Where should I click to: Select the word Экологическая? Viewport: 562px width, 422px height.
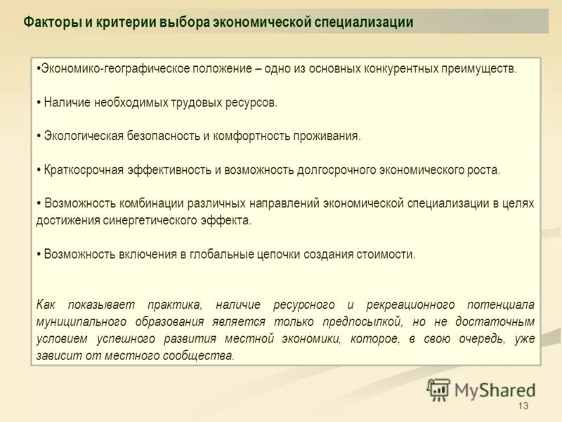(x=84, y=136)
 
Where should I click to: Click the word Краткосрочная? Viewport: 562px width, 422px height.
(x=83, y=170)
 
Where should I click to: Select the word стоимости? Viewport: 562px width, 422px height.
(x=389, y=254)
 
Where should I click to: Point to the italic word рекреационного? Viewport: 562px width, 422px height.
(x=408, y=305)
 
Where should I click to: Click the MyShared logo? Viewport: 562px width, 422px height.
(x=482, y=389)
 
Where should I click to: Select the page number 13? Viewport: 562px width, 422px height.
(x=522, y=407)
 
